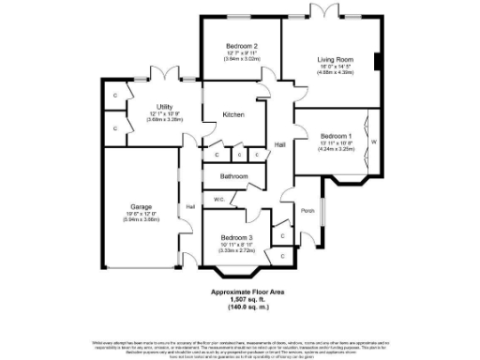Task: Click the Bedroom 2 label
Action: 242,46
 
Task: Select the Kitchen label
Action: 233,114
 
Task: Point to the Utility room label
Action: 165,108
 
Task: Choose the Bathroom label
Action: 234,175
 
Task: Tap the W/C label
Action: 217,199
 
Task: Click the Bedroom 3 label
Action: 236,237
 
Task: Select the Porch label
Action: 307,210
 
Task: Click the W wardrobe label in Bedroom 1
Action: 374,142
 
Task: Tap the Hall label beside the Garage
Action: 189,206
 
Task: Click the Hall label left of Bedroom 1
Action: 279,144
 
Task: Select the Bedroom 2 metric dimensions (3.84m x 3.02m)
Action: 242,59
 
